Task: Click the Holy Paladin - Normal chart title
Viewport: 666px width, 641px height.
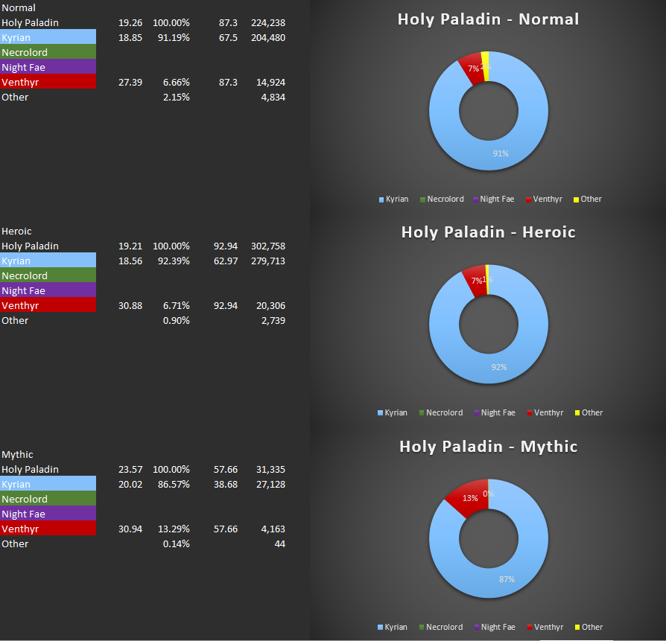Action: pyautogui.click(x=488, y=19)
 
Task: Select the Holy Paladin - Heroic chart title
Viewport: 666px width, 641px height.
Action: pyautogui.click(x=488, y=232)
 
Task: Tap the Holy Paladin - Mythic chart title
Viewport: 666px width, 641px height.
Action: pyautogui.click(x=488, y=447)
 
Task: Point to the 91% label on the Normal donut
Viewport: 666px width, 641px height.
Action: pyautogui.click(x=500, y=153)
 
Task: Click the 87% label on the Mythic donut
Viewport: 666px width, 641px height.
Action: pyautogui.click(x=507, y=578)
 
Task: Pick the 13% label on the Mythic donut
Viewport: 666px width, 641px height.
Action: pyautogui.click(x=470, y=498)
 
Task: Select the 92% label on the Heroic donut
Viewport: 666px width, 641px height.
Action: pyautogui.click(x=498, y=367)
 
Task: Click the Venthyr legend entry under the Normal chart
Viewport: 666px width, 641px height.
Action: pyautogui.click(x=548, y=200)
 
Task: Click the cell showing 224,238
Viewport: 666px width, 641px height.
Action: pyautogui.click(x=268, y=23)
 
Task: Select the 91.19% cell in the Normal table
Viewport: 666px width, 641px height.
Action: pyautogui.click(x=177, y=38)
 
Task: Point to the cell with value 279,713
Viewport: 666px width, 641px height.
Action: pyautogui.click(x=268, y=261)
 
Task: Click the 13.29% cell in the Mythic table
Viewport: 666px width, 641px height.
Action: pyautogui.click(x=177, y=529)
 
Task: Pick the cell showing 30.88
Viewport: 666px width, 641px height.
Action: pyautogui.click(x=130, y=306)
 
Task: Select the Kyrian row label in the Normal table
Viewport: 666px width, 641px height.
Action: pyautogui.click(x=16, y=38)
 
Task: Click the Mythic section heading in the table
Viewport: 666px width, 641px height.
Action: pyautogui.click(x=17, y=455)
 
